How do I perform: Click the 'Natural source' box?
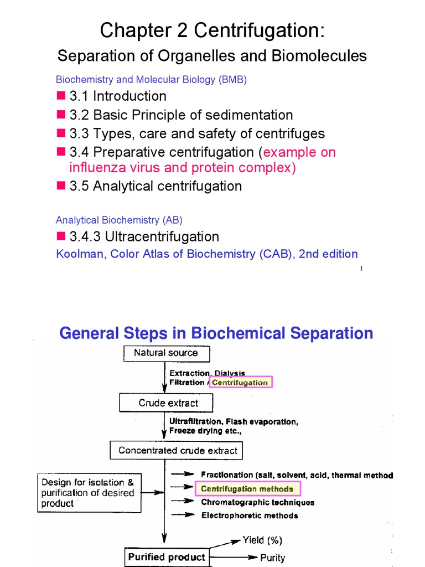pos(165,353)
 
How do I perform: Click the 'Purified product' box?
pos(166,557)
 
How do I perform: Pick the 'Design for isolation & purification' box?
pos(89,492)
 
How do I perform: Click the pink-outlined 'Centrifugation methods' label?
pos(247,488)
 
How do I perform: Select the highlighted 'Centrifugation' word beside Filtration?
pos(240,382)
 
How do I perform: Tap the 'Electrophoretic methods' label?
pos(249,516)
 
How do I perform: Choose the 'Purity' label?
pos(272,558)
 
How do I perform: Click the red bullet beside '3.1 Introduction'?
pos(61,96)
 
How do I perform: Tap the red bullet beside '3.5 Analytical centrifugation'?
pos(61,185)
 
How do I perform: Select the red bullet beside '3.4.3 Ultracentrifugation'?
pos(61,236)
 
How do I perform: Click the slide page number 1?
pos(361,269)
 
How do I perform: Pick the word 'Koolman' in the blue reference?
pos(77,254)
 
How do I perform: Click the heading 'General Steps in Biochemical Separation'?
pos(216,333)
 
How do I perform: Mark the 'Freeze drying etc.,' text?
pos(207,430)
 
